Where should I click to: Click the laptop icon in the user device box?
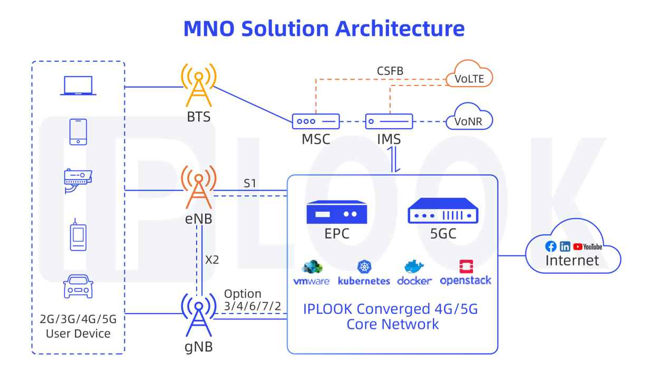click(78, 85)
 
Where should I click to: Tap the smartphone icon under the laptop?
click(78, 131)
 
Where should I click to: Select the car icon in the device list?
click(78, 287)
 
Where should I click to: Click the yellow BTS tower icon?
click(198, 86)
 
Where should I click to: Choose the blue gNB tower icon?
click(198, 315)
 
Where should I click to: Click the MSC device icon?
click(316, 121)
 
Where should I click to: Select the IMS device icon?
click(388, 121)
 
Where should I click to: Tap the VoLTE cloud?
click(469, 77)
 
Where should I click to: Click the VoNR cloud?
click(469, 121)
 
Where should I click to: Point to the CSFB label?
click(391, 71)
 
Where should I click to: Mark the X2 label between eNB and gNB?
click(212, 260)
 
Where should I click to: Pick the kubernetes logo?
click(364, 273)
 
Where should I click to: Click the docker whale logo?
click(414, 273)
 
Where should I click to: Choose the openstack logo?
click(466, 273)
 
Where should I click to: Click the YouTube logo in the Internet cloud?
click(588, 246)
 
